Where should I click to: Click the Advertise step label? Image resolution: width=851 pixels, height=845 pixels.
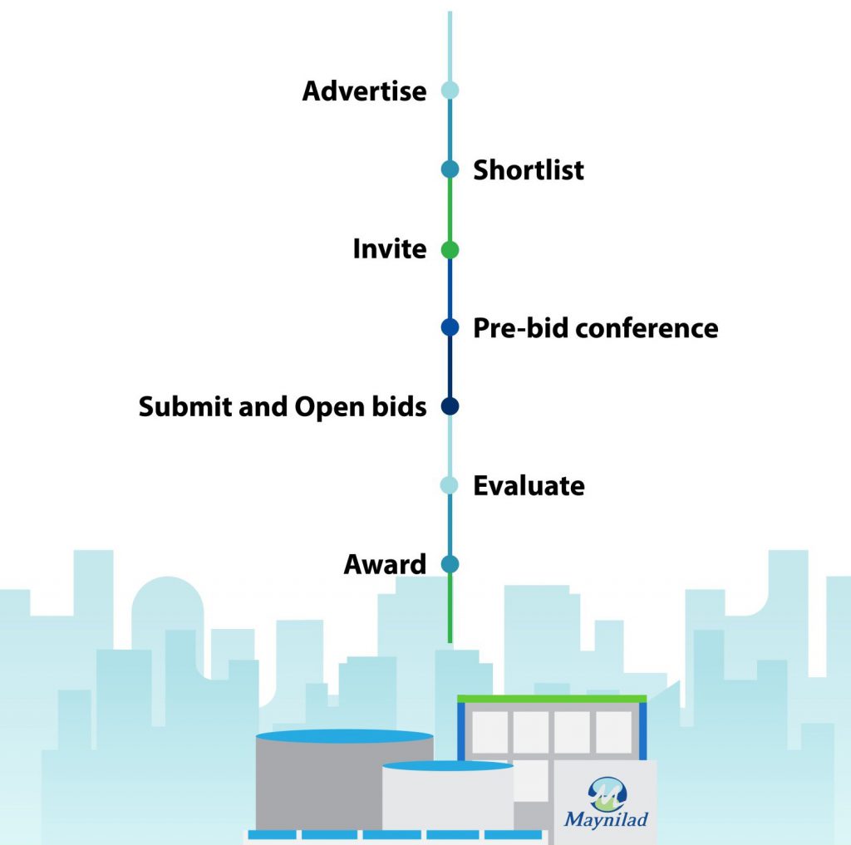point(364,91)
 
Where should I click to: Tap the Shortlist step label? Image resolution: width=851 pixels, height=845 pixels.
point(529,169)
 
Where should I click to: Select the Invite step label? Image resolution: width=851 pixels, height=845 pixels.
point(389,248)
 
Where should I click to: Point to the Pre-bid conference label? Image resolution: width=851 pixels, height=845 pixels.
point(595,327)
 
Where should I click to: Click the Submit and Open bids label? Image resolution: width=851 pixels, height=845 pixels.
point(283,406)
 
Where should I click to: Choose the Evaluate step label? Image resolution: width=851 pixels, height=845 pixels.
point(529,485)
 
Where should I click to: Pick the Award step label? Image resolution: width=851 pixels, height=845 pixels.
point(385,564)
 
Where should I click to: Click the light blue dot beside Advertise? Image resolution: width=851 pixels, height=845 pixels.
point(450,91)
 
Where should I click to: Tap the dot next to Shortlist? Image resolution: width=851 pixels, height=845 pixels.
point(450,169)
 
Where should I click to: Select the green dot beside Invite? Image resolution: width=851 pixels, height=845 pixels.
point(450,249)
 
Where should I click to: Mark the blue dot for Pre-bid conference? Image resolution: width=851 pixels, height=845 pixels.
point(450,327)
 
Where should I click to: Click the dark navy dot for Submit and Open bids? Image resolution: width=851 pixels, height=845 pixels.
point(450,406)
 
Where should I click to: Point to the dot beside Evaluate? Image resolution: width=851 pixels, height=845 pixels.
point(450,485)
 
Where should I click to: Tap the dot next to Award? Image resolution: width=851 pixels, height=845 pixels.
point(450,564)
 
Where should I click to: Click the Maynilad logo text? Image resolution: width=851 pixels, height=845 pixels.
point(606,819)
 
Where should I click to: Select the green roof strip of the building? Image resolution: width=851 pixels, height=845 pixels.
point(552,699)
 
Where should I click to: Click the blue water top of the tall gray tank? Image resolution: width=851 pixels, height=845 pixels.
point(344,736)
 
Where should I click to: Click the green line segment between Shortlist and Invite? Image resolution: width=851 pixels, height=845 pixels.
point(450,209)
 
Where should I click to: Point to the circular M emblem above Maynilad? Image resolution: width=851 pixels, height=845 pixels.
point(606,793)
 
